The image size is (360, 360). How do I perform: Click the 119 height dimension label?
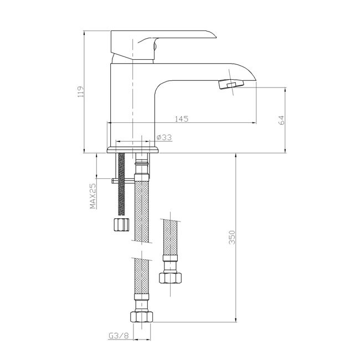[81, 91]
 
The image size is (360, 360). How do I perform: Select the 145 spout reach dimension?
[182, 119]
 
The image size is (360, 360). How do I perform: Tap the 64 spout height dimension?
[281, 120]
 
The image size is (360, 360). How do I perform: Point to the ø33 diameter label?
[164, 137]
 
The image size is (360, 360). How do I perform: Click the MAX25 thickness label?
[92, 196]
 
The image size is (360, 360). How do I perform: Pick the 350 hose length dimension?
[232, 238]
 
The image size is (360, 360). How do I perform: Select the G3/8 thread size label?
[119, 336]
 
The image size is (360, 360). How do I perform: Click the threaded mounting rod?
[121, 184]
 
